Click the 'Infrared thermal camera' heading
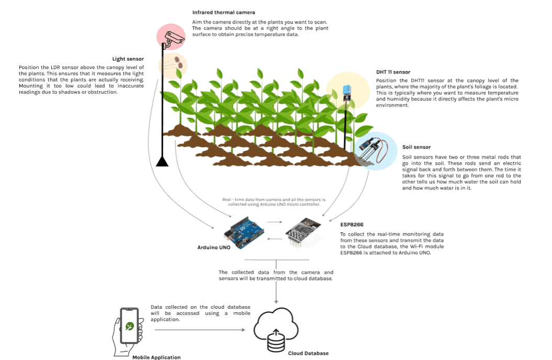pyautogui.click(x=223, y=12)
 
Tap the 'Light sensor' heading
pyautogui.click(x=128, y=59)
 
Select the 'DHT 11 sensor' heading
pyautogui.click(x=393, y=72)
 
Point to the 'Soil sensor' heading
pyautogui.click(x=416, y=148)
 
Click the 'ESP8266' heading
pyautogui.click(x=352, y=224)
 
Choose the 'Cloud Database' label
pyautogui.click(x=308, y=353)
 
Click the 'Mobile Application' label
pyautogui.click(x=156, y=357)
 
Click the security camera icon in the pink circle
pyautogui.click(x=174, y=38)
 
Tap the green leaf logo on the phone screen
pyautogui.click(x=129, y=326)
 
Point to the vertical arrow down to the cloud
pyautogui.click(x=276, y=294)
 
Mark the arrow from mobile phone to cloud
pyautogui.click(x=199, y=330)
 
